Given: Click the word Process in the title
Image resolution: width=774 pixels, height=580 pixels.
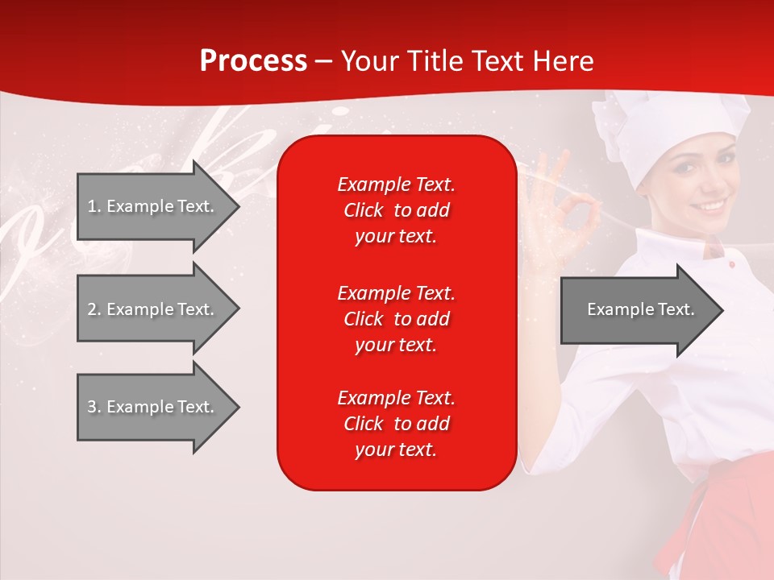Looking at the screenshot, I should coord(253,61).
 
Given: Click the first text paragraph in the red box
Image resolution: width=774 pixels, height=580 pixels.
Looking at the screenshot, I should coord(396,210).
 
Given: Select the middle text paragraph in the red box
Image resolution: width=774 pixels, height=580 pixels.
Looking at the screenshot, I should coord(396,319).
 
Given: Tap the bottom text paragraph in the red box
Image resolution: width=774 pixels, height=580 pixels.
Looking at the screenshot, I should coord(396,424).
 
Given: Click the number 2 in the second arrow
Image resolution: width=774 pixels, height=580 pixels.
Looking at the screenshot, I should coord(91,309).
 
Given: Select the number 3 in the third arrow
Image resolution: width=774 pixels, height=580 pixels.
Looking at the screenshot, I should coord(91,407).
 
